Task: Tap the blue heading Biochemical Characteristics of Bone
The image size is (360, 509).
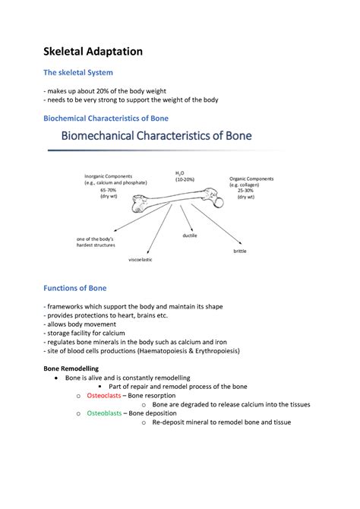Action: pyautogui.click(x=106, y=118)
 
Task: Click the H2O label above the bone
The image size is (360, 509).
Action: pyautogui.click(x=180, y=173)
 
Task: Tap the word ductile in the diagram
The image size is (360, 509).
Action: pyautogui.click(x=190, y=236)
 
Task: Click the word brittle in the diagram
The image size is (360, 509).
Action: pyautogui.click(x=240, y=250)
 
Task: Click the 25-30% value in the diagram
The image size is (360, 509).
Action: pyautogui.click(x=246, y=190)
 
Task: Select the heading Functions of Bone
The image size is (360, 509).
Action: pyautogui.click(x=74, y=288)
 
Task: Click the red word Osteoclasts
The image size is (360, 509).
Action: pyautogui.click(x=104, y=395)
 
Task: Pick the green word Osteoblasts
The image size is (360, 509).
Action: pyautogui.click(x=104, y=413)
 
